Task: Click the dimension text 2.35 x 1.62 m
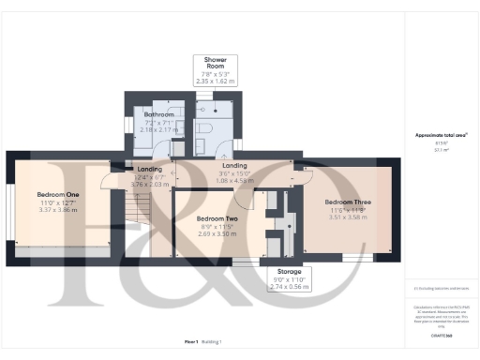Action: [x=217, y=82]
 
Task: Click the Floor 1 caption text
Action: [x=190, y=342]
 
